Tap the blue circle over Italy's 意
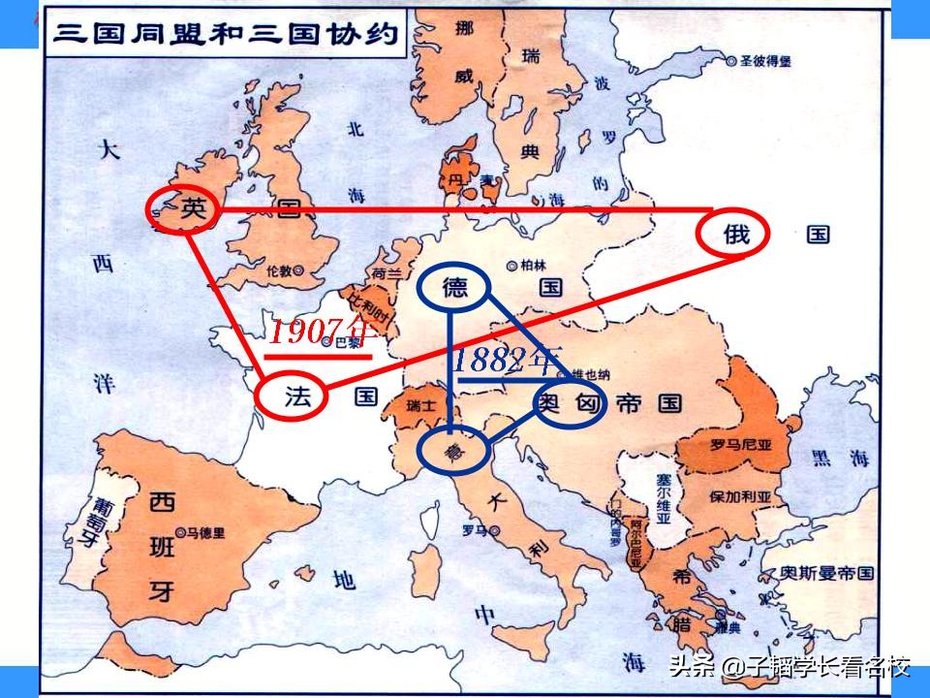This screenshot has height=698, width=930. coord(452,450)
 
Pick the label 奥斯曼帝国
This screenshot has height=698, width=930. coord(829,573)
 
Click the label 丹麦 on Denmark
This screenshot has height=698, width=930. coord(462,180)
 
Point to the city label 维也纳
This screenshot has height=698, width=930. coord(591,373)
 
